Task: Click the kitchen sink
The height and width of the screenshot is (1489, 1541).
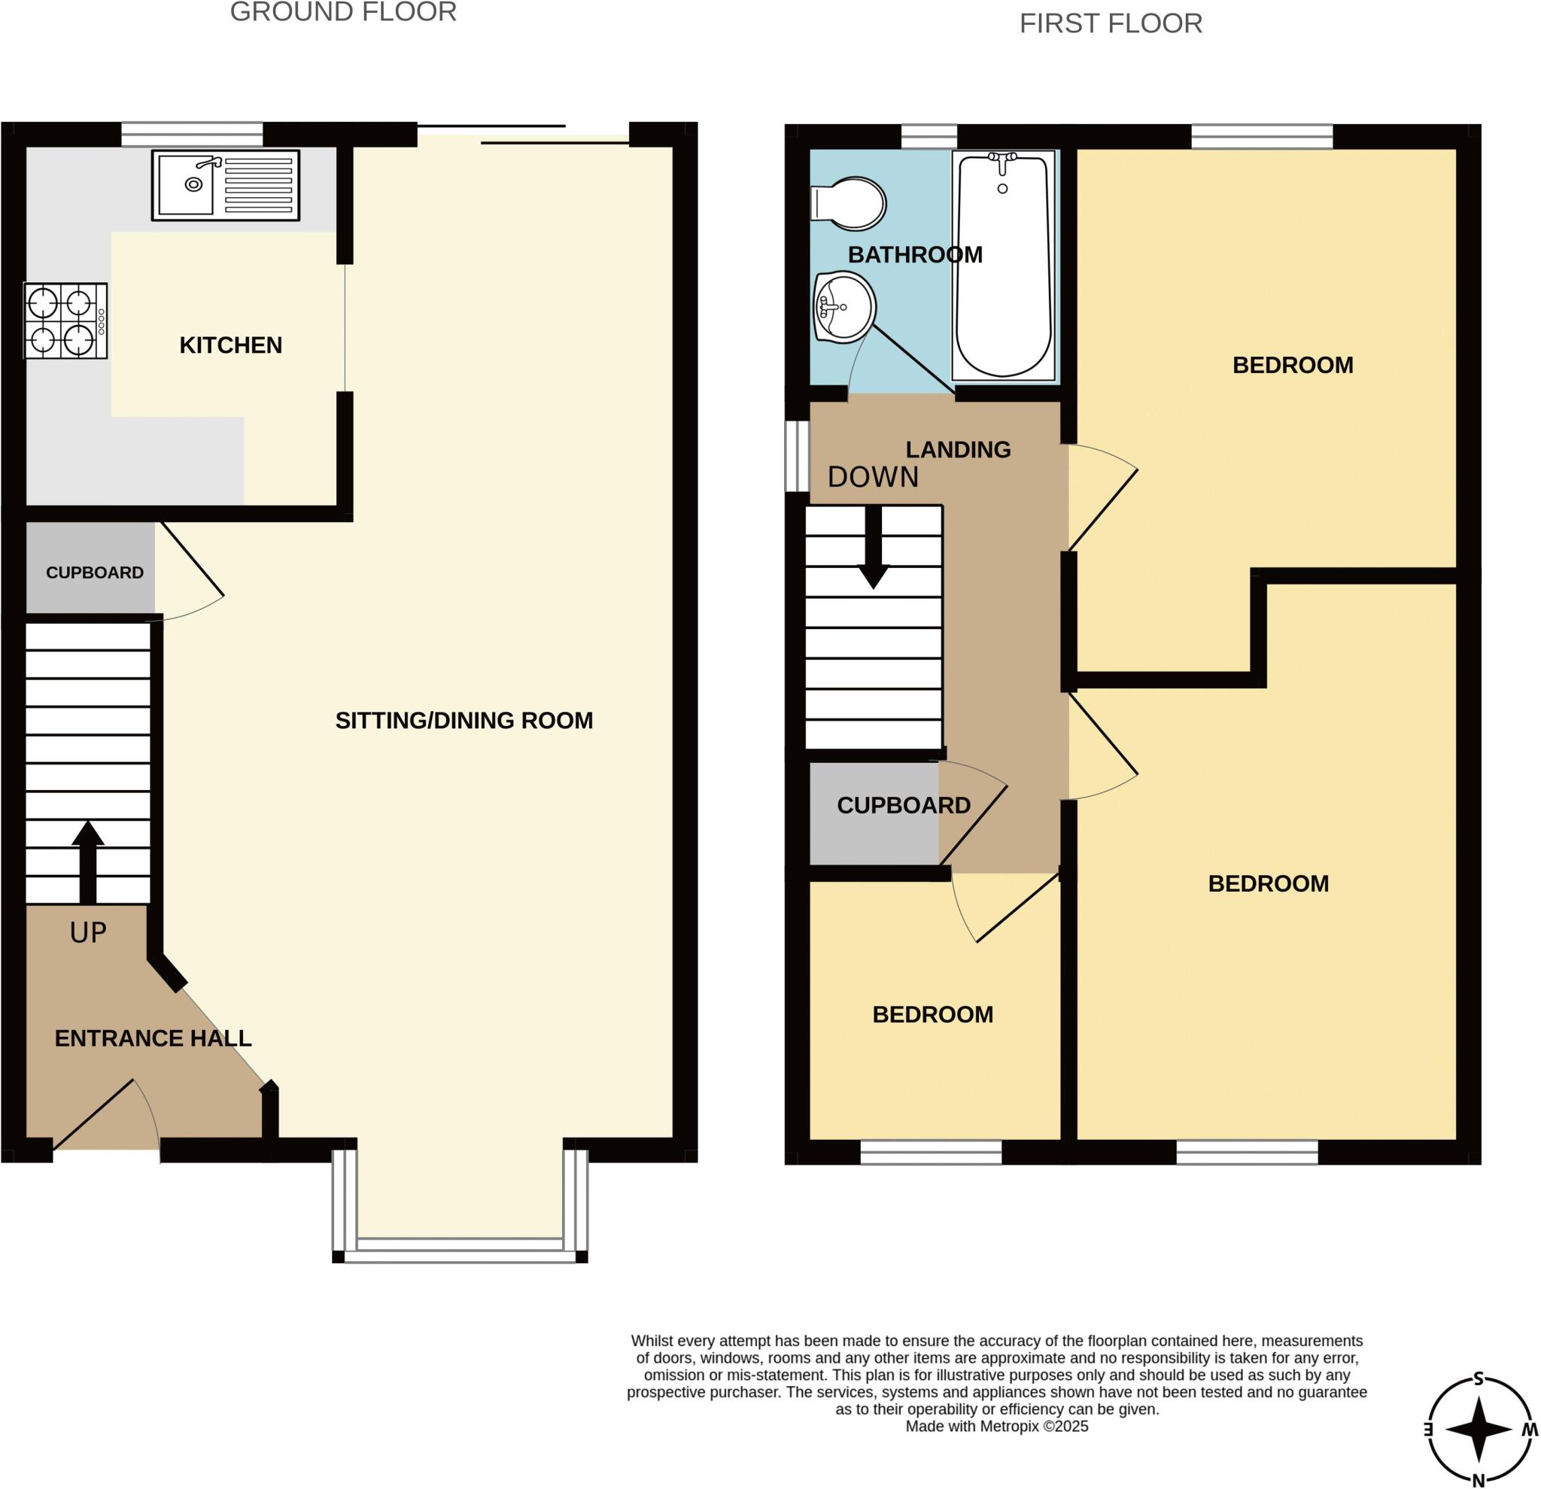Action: click(226, 186)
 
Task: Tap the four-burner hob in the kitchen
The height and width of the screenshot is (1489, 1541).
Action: click(65, 321)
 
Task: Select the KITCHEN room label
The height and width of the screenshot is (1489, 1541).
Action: click(230, 345)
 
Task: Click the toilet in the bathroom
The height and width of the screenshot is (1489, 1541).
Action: click(848, 204)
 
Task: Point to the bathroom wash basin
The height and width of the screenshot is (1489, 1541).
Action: click(844, 308)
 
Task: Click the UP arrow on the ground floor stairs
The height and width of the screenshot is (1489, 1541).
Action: click(88, 862)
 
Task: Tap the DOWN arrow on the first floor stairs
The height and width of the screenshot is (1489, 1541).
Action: click(873, 547)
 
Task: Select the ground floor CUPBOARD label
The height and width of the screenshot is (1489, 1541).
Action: click(94, 573)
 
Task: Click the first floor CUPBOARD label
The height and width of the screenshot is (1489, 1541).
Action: click(904, 805)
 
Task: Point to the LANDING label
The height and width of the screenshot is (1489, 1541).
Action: click(958, 450)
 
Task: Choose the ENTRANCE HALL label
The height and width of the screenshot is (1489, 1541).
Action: click(153, 1038)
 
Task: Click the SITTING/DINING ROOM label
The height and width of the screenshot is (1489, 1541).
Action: click(464, 720)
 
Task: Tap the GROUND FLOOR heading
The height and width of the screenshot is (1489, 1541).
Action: click(344, 13)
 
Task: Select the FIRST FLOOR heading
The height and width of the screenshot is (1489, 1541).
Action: click(1111, 23)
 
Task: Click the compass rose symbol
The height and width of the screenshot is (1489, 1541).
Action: click(1479, 1430)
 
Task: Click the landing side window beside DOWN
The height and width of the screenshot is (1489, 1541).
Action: click(798, 457)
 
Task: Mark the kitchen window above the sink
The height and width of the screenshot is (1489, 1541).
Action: click(192, 135)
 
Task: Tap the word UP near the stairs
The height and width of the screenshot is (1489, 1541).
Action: click(88, 932)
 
